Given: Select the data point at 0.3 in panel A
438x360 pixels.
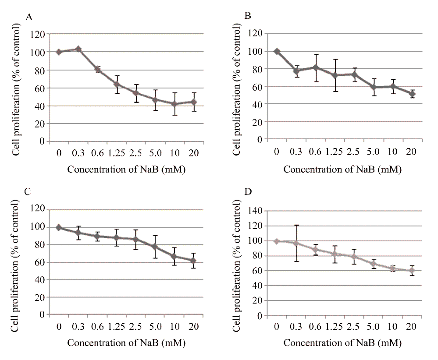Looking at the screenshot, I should pyautogui.click(x=78, y=49).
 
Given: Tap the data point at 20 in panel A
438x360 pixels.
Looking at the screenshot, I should pyautogui.click(x=194, y=102).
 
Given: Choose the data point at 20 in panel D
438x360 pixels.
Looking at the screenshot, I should pyautogui.click(x=411, y=271).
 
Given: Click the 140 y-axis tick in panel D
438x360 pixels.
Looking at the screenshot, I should pyautogui.click(x=256, y=211).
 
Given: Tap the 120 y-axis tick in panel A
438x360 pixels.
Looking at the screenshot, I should pyautogui.click(x=38, y=34).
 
